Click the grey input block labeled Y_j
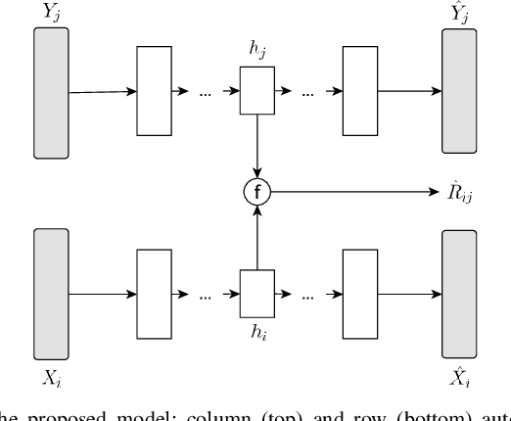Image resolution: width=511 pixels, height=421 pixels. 51,92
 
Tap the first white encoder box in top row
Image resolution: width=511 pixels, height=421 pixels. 154,93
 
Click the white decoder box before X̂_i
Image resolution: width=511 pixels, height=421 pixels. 359,292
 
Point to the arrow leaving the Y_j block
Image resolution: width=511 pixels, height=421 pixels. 103,93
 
